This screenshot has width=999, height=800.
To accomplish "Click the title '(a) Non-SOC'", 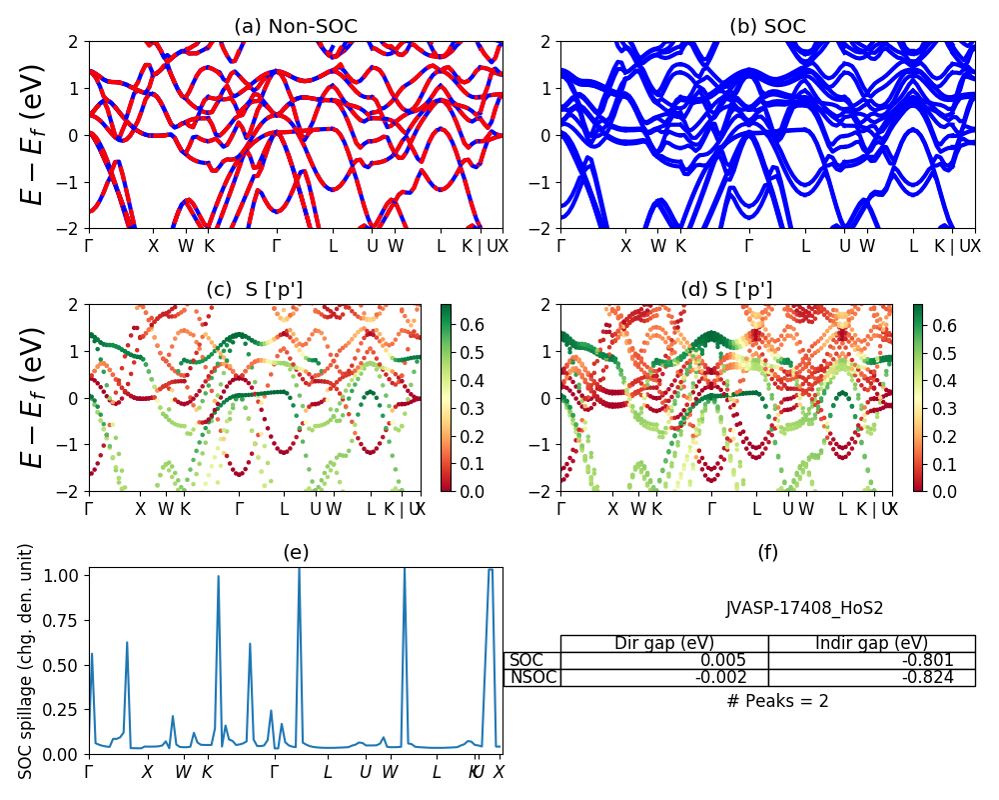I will (x=296, y=27).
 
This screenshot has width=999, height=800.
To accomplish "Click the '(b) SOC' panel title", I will (x=767, y=27).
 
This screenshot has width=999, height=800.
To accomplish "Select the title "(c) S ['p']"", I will (x=254, y=290).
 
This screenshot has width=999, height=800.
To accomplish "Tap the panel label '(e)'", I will (x=296, y=552).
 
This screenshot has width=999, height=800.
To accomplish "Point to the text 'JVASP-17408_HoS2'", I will (x=804, y=608).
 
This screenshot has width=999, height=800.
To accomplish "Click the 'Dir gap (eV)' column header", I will (x=664, y=643).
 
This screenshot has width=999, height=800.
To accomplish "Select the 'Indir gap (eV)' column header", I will (x=871, y=643).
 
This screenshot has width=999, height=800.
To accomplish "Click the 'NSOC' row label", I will (x=532, y=677).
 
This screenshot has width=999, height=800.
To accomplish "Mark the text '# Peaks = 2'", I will (x=777, y=701).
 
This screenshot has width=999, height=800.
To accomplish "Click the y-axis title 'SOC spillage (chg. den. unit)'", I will (x=27, y=661).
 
